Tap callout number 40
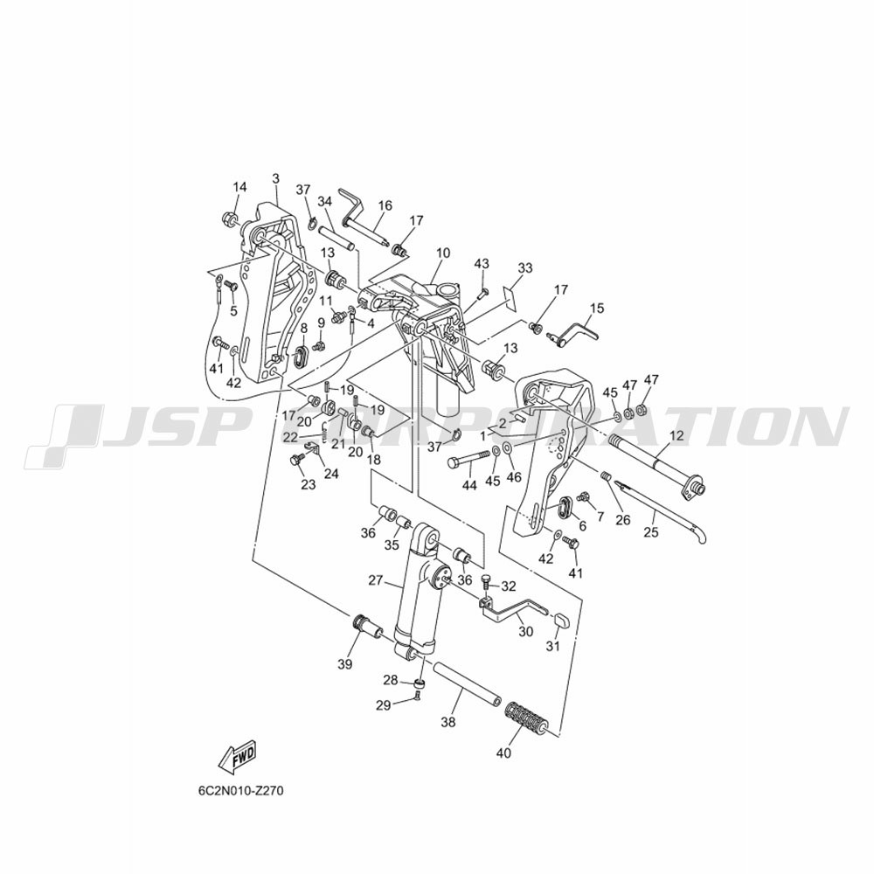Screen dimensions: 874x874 [x=503, y=753]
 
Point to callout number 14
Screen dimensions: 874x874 [x=239, y=187]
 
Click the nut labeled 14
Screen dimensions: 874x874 [x=229, y=218]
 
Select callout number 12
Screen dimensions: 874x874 [x=676, y=436]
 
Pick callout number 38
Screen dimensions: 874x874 [x=448, y=723]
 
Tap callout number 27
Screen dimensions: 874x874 [x=376, y=580]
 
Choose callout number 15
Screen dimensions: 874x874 [x=596, y=309]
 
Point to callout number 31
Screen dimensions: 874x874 [x=552, y=647]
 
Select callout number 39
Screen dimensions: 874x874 [x=345, y=664]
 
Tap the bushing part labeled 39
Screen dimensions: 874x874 [x=367, y=626]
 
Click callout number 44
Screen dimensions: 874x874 [x=469, y=485]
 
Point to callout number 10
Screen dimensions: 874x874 [x=442, y=253]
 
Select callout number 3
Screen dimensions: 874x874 [x=276, y=179]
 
